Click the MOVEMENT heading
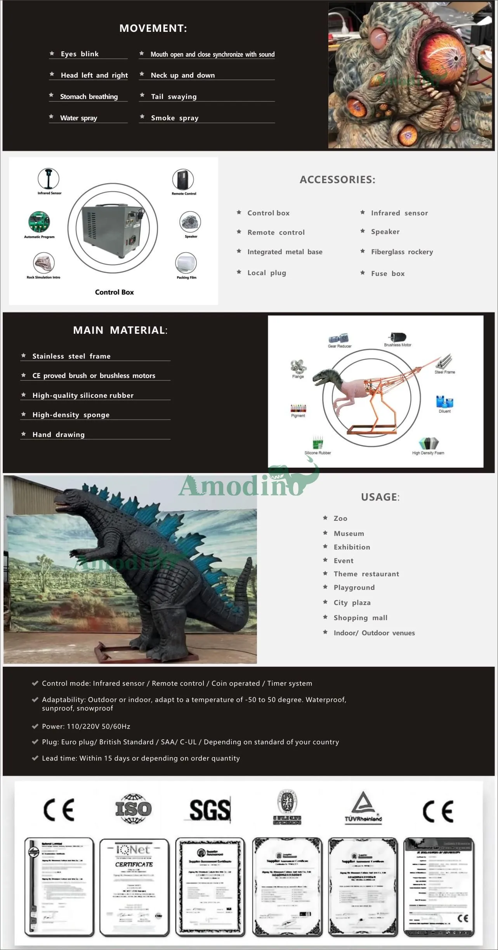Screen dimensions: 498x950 pos(153,28)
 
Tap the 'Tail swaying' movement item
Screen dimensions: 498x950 pos(174,97)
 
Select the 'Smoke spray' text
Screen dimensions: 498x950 pos(175,118)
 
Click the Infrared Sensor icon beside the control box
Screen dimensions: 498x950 pos(49,179)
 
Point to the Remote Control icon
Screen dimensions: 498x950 pos(183,180)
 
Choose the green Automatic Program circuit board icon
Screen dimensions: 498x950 pos(39,222)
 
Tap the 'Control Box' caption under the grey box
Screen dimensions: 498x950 pos(114,292)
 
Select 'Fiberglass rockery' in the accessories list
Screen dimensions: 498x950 pos(402,252)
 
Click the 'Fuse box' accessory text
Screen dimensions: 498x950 pos(387,274)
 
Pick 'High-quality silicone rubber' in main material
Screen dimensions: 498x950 pos(83,395)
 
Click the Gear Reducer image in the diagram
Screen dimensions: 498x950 pos(339,338)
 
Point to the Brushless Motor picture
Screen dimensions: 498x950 pos(397,337)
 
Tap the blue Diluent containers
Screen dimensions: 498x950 pos(444,402)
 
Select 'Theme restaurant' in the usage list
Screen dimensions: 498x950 pos(366,574)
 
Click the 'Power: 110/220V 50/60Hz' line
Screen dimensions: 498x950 pos(86,726)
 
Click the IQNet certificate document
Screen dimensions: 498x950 pos(134,886)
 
